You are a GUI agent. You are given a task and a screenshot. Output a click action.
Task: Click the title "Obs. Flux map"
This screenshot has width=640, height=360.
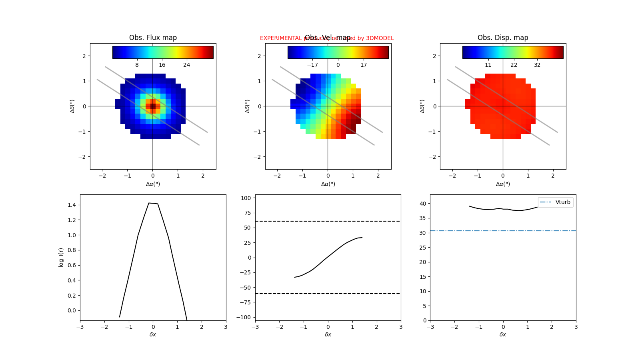click(x=153, y=38)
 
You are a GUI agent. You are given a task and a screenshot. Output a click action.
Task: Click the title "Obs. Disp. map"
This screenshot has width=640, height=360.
click(x=503, y=38)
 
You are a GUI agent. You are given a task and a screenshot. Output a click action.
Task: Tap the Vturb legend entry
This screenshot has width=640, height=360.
click(x=556, y=202)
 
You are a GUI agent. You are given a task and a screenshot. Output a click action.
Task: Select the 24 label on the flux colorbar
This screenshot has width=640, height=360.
click(x=186, y=65)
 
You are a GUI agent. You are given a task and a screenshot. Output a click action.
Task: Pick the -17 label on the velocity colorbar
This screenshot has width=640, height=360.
click(x=312, y=65)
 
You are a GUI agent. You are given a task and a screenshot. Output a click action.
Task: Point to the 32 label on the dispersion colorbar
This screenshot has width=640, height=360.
click(x=537, y=65)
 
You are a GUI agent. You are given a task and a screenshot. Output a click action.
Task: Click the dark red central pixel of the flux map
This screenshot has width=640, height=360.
click(x=153, y=106)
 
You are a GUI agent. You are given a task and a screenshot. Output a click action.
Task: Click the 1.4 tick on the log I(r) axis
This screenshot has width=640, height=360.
click(x=72, y=205)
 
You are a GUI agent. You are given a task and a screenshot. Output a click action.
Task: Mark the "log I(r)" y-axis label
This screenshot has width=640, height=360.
click(x=61, y=257)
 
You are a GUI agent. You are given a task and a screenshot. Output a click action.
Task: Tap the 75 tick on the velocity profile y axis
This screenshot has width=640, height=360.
click(x=248, y=213)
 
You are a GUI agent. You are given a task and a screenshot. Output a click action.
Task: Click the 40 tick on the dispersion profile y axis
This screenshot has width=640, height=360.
click(x=423, y=204)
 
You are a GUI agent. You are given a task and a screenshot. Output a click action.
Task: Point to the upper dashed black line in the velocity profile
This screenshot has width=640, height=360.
click(x=328, y=221)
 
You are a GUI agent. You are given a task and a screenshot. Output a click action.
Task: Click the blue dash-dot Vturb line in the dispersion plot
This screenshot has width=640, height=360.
click(x=480, y=231)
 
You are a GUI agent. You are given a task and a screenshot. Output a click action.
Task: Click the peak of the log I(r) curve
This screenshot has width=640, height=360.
click(x=149, y=203)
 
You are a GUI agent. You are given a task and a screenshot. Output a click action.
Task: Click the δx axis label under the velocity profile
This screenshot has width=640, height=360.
click(x=328, y=334)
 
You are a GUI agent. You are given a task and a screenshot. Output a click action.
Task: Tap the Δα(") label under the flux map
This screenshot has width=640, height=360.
click(x=153, y=184)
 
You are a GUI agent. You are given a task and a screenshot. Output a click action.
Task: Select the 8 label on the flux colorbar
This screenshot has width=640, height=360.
click(x=137, y=65)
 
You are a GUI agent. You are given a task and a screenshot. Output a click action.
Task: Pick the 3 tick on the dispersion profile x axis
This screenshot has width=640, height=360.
click(x=576, y=327)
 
